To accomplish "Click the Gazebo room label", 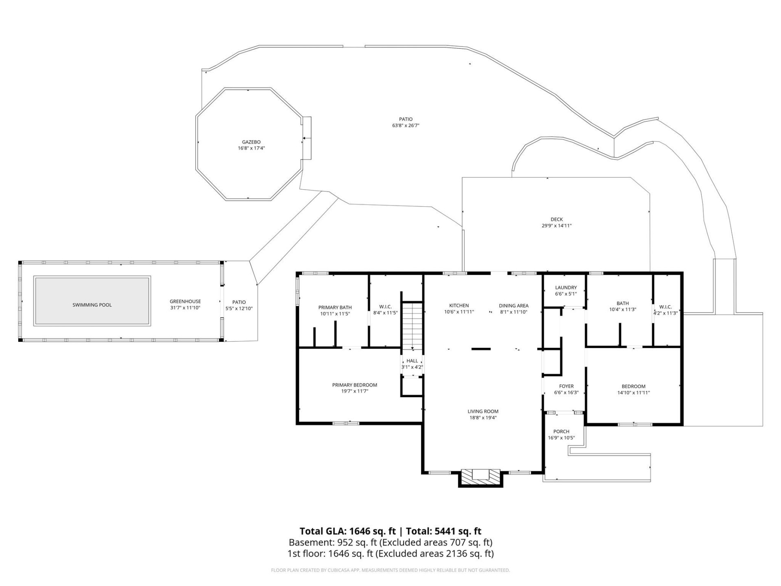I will click(251, 142).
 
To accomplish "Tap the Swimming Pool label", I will click(92, 305).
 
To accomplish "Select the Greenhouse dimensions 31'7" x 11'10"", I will click(185, 308).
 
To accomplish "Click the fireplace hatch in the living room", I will click(481, 475).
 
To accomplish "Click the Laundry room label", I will click(566, 287).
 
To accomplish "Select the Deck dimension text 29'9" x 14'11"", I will click(556, 225).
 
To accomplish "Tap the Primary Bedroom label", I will click(354, 385).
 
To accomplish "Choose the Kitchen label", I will click(459, 306).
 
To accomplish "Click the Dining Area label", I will click(513, 306).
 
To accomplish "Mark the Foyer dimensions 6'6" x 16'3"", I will click(566, 393).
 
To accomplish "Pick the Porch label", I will click(561, 431).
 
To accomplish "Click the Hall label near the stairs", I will click(412, 361).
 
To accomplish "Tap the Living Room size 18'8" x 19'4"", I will click(483, 418).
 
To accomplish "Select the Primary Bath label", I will click(335, 307).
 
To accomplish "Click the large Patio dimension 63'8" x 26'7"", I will click(406, 126).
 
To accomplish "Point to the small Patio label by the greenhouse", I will click(239, 302).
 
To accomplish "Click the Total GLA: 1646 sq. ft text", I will click(347, 531).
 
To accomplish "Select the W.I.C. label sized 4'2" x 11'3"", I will click(665, 313).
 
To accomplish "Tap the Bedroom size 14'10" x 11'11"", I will click(633, 393).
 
